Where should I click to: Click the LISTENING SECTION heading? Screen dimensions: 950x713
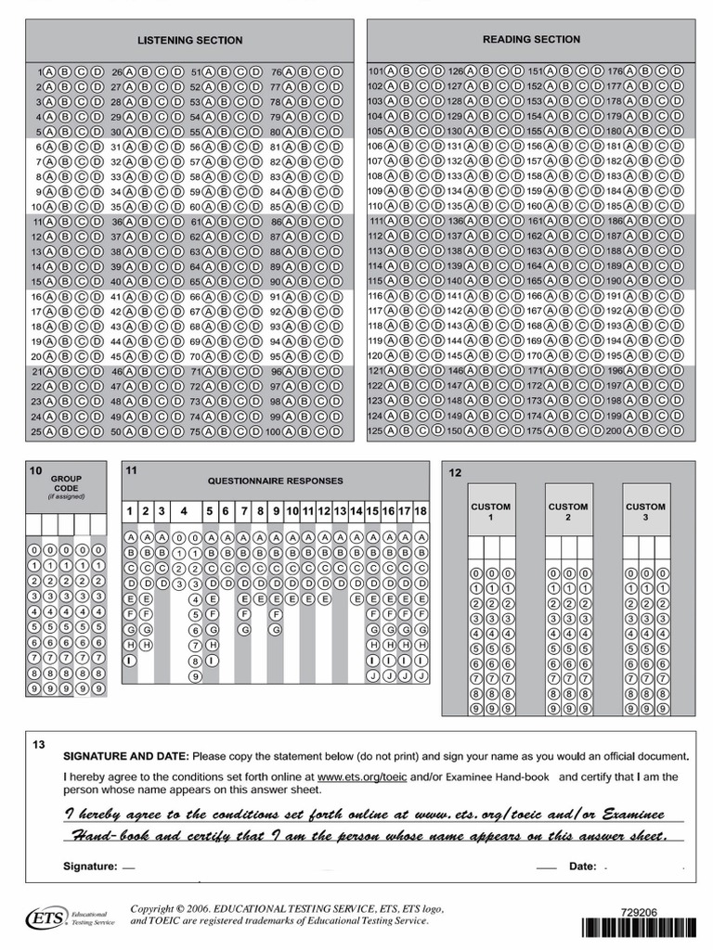click(189, 40)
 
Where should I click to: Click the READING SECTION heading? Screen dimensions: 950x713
click(531, 39)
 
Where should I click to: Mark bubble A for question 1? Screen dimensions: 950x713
click(48, 71)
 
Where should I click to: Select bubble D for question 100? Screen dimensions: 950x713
click(335, 431)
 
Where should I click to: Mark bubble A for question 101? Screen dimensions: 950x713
click(392, 71)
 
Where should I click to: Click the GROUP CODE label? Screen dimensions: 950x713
click(66, 483)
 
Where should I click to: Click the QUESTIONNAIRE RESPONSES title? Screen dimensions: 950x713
click(275, 481)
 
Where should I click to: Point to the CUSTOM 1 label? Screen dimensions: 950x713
click(490, 511)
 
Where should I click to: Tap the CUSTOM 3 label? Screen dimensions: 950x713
click(645, 511)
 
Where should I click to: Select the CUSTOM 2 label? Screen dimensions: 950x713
click(567, 511)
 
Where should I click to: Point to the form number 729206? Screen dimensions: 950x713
click(639, 913)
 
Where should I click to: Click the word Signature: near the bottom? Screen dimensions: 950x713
click(90, 867)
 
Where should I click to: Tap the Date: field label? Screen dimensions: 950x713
click(582, 867)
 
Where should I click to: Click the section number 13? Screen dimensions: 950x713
click(38, 745)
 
